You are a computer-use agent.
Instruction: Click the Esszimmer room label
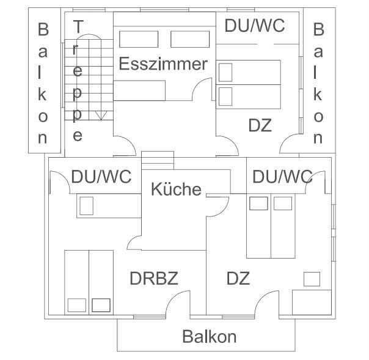[x=163, y=64]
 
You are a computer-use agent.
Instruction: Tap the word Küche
[x=175, y=189]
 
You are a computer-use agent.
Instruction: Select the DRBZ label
[x=154, y=279]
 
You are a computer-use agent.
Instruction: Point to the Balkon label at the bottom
[x=209, y=336]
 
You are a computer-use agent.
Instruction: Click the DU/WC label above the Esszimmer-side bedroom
[x=255, y=26]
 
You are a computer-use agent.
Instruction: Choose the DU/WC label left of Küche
[x=101, y=177]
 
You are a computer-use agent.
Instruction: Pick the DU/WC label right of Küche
[x=282, y=177]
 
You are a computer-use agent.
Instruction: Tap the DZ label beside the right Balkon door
[x=260, y=126]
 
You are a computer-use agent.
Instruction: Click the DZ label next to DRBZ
[x=238, y=279]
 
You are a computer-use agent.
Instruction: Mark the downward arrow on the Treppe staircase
[x=102, y=114]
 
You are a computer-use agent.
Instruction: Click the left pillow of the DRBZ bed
[x=77, y=304]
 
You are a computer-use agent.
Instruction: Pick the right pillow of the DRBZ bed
[x=101, y=304]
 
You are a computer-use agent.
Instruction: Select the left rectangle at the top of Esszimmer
[x=135, y=39]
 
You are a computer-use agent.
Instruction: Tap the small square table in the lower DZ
[x=312, y=279]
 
